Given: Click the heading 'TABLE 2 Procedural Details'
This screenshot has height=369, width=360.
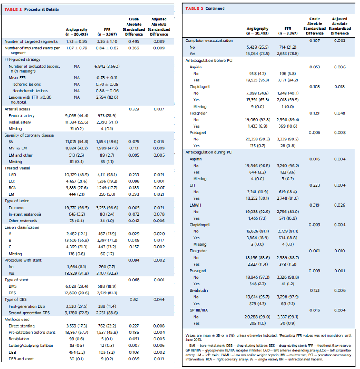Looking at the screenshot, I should pyautogui.click(x=32, y=9).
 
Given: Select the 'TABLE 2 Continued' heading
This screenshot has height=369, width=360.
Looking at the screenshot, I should pyautogui.click(x=205, y=8).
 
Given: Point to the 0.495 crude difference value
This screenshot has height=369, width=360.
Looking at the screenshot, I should pyautogui.click(x=134, y=41).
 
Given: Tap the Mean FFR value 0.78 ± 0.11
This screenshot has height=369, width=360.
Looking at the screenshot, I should pyautogui.click(x=107, y=78).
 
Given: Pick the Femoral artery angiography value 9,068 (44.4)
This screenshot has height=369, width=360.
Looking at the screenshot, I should pyautogui.click(x=76, y=116).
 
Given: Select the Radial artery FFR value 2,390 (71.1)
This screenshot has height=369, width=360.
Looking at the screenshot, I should pyautogui.click(x=107, y=122).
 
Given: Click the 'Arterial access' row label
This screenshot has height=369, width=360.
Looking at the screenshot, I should pyautogui.click(x=17, y=109).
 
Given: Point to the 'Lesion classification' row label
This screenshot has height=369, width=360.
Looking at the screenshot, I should pyautogui.click(x=23, y=227).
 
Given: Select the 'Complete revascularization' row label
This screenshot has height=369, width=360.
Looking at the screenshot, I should pyautogui.click(x=209, y=41).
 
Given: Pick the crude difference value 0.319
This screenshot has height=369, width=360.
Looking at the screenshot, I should pyautogui.click(x=315, y=205).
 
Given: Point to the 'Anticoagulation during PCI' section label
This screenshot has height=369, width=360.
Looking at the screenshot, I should pyautogui.click(x=209, y=152).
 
